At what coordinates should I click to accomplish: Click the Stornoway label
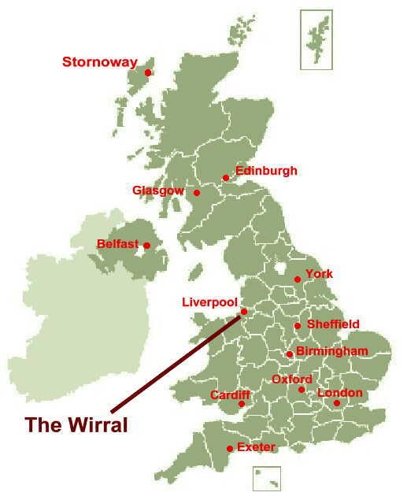[x=99, y=62]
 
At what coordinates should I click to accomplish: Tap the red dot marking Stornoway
[x=148, y=73]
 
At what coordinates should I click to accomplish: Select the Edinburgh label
[x=266, y=171]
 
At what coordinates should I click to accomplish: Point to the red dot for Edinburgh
[x=227, y=177]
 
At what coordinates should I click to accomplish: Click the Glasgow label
[x=158, y=191]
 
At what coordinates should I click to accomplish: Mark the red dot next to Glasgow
[x=197, y=193]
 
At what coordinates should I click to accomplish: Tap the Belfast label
[x=117, y=244]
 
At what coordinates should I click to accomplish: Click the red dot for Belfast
[x=147, y=246]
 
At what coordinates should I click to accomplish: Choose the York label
[x=319, y=274]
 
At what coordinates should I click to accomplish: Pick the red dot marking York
[x=298, y=279]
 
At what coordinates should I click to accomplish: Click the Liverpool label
[x=209, y=302]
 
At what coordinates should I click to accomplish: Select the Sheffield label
[x=333, y=324]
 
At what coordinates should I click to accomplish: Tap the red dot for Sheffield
[x=298, y=326]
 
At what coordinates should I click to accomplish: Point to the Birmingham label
[x=332, y=351]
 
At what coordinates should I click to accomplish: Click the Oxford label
[x=292, y=379]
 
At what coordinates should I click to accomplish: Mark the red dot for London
[x=336, y=404]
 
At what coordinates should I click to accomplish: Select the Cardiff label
[x=230, y=394]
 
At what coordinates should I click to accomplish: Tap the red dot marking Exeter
[x=229, y=449]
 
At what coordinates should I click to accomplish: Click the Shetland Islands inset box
[x=315, y=38]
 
